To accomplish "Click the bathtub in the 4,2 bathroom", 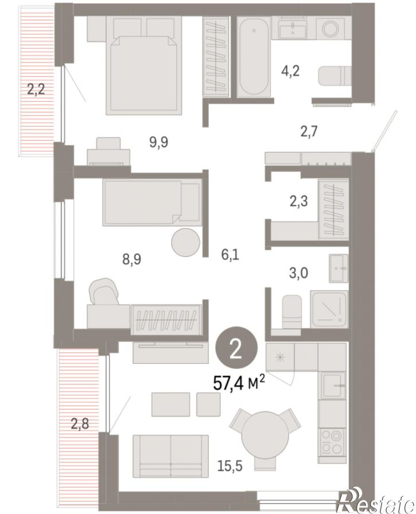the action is coord(254,57).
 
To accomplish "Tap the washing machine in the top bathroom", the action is coord(331,28).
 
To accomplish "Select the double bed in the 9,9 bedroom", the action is coord(144,65).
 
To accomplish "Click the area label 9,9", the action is coord(159,142).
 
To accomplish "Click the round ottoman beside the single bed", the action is coord(185,243).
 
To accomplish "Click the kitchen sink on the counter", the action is coord(333,385).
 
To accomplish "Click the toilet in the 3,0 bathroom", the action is coord(291,311).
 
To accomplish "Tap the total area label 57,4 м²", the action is coord(239,383).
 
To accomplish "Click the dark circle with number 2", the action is coord(236,350).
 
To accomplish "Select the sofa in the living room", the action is coord(171,456).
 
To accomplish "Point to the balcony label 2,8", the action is coord(80,424).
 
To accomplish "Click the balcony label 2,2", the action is coord(36,89).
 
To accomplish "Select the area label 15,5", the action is coord(230,465).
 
